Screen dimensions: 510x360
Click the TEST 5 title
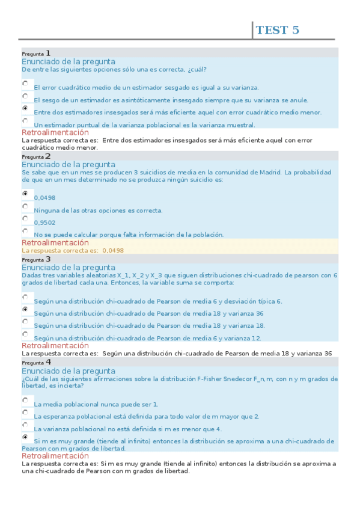click(x=277, y=30)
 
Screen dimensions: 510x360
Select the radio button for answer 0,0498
click(x=25, y=194)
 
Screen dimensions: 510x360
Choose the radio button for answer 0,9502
click(x=25, y=219)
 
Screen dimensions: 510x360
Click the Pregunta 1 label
click(x=36, y=53)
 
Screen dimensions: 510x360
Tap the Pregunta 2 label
click(x=36, y=156)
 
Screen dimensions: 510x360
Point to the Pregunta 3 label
click(x=36, y=259)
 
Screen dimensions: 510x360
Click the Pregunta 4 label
click(x=36, y=363)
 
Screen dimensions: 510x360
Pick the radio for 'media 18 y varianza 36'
click(x=25, y=310)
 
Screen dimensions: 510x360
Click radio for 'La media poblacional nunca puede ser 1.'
click(x=25, y=401)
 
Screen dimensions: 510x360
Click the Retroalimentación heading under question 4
click(x=55, y=456)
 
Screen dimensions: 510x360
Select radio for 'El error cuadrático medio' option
click(x=25, y=84)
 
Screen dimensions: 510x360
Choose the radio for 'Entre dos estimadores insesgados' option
click(x=25, y=108)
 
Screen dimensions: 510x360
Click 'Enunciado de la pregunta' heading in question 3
click(x=69, y=268)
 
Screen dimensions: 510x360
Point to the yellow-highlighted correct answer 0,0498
click(x=113, y=250)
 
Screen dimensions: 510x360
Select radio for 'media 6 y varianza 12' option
click(x=25, y=334)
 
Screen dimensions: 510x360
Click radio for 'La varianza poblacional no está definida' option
click(x=25, y=425)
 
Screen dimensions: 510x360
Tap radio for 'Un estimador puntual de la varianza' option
click(x=25, y=121)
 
